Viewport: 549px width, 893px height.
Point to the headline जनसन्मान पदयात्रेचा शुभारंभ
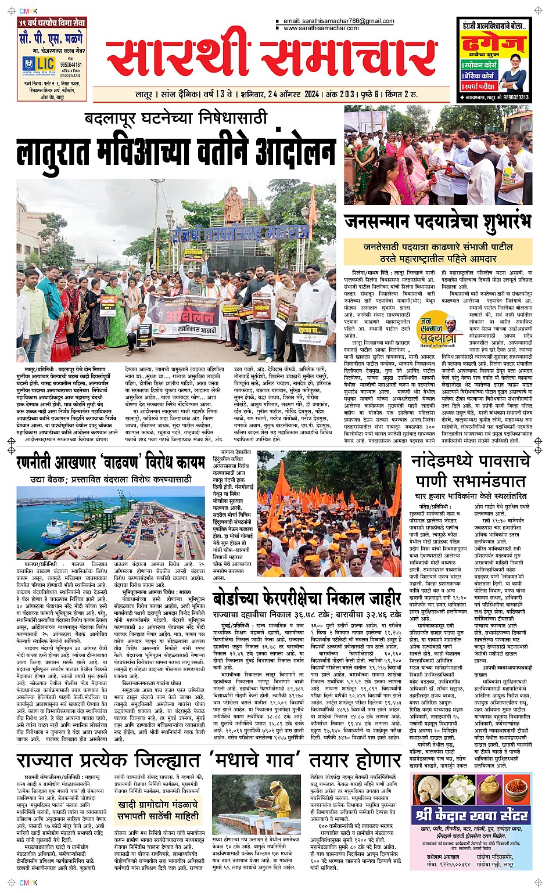[x=437, y=222]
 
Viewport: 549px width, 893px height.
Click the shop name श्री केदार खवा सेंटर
[x=472, y=815]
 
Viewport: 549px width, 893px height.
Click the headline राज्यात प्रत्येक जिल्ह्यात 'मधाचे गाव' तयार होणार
[x=209, y=759]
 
